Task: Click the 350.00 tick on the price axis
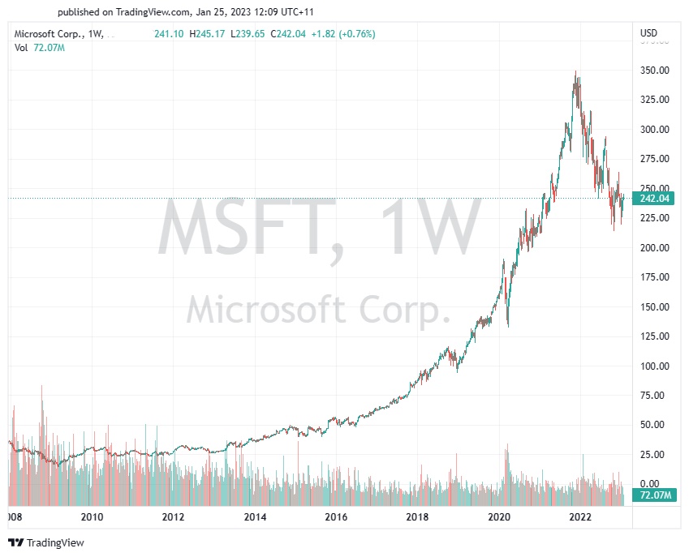tap(654, 71)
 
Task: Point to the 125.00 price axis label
tap(654, 336)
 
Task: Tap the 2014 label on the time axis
tap(255, 517)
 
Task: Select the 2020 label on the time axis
tap(499, 517)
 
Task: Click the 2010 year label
tap(92, 517)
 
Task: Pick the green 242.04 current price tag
tap(654, 199)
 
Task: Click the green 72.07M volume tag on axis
tap(654, 495)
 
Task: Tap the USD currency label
tap(648, 33)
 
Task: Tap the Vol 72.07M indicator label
tap(41, 48)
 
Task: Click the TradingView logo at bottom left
tap(46, 542)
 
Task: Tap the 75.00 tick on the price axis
tap(654, 396)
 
